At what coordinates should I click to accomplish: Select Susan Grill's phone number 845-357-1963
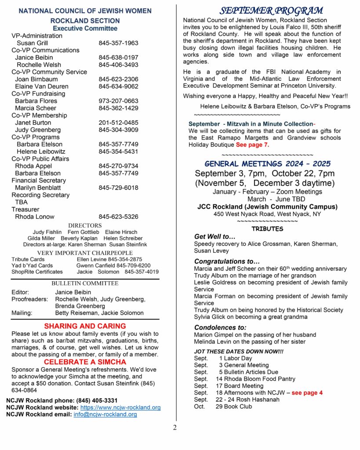click(x=118, y=43)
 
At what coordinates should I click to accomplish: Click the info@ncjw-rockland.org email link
click(x=105, y=414)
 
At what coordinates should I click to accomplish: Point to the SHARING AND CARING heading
click(x=85, y=326)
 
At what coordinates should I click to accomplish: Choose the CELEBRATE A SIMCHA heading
click(x=85, y=362)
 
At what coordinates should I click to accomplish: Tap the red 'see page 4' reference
click(x=307, y=392)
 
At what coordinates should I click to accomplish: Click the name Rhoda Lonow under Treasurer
click(x=35, y=217)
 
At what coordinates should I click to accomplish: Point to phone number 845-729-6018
click(x=118, y=188)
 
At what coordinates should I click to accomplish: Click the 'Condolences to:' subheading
click(x=220, y=327)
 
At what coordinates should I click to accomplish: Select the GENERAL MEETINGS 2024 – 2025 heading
click(x=267, y=164)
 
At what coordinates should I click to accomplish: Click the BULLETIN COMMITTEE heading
click(x=85, y=283)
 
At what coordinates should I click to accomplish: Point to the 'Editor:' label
click(x=20, y=292)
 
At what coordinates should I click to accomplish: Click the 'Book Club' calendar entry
click(x=240, y=406)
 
